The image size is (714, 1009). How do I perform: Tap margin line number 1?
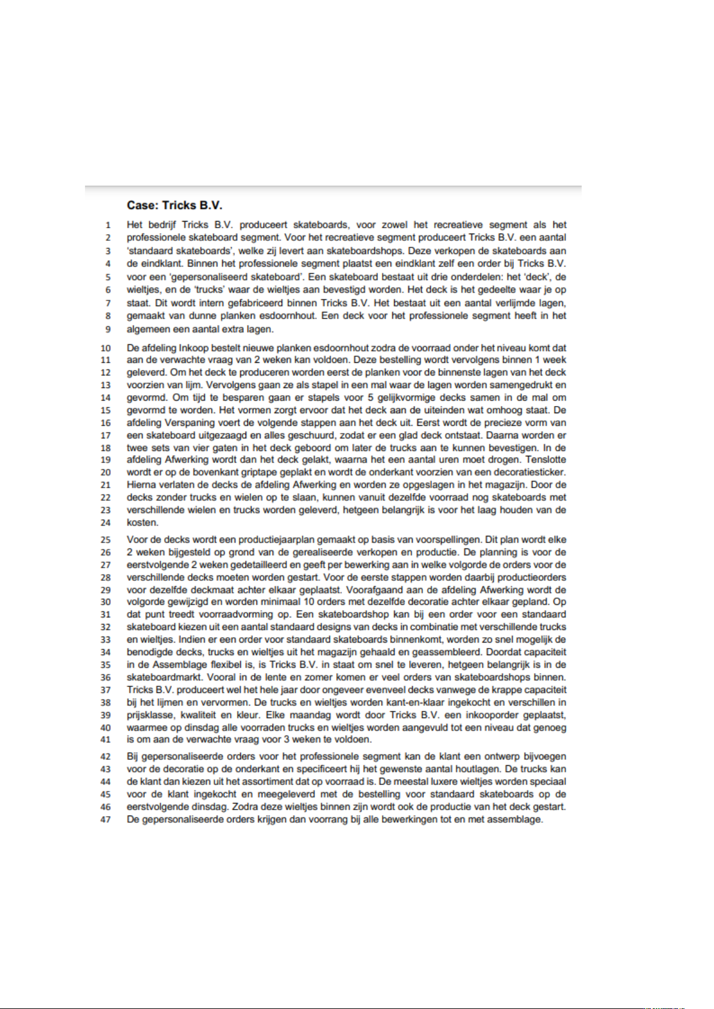coord(108,225)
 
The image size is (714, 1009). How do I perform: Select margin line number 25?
coord(106,540)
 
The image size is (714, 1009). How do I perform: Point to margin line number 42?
coord(106,757)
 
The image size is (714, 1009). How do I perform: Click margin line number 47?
coord(106,820)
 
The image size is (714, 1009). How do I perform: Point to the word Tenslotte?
coord(546,460)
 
